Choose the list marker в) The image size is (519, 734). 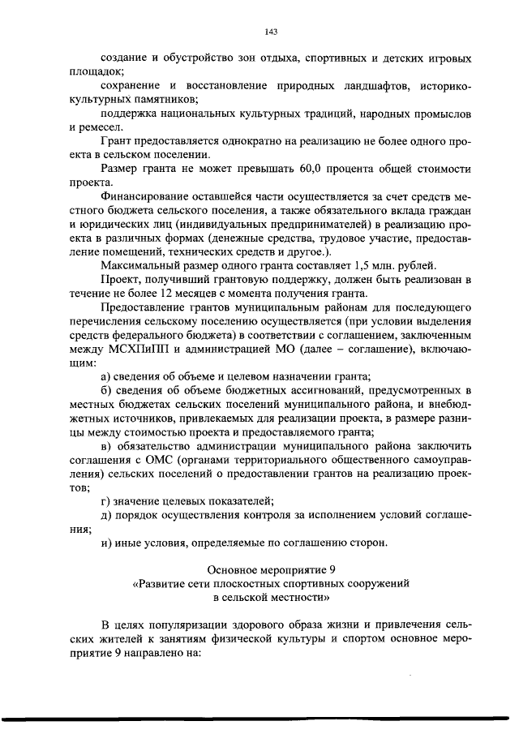click(x=106, y=446)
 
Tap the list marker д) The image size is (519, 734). click(x=106, y=516)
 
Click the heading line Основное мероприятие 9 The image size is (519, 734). click(x=271, y=570)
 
